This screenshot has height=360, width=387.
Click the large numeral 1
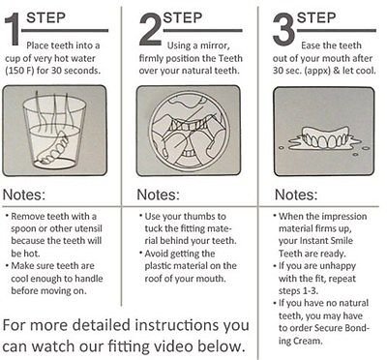pyautogui.click(x=12, y=30)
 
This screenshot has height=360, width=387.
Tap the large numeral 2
pyautogui.click(x=151, y=30)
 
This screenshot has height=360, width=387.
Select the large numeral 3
pyautogui.click(x=283, y=30)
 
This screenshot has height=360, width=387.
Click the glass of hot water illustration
pyautogui.click(x=54, y=132)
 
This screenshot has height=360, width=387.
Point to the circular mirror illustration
pyautogui.click(x=189, y=131)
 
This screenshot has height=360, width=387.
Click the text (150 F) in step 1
pyautogui.click(x=19, y=71)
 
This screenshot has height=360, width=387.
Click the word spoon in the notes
pyautogui.click(x=24, y=229)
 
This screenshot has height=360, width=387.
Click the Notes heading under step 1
pyautogui.click(x=24, y=195)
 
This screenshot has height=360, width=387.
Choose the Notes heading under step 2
pyautogui.click(x=158, y=195)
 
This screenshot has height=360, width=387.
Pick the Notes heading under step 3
pyautogui.click(x=296, y=195)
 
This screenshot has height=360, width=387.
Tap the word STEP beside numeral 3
pyautogui.click(x=316, y=17)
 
